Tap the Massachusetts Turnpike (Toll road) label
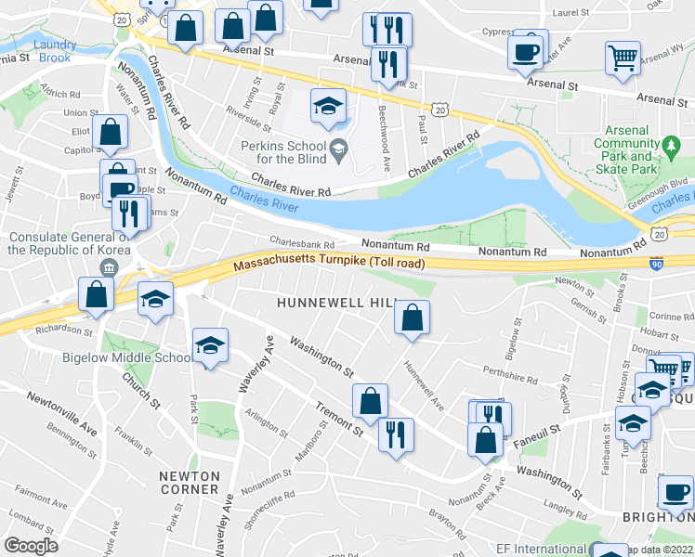[x=330, y=266]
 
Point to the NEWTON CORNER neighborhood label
[x=190, y=483]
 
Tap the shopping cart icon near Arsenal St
[x=622, y=58]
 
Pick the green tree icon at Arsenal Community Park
[x=672, y=145]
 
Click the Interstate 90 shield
[x=657, y=264]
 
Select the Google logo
[x=31, y=546]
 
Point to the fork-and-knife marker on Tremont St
[x=396, y=434]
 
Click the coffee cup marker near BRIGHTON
[x=675, y=492]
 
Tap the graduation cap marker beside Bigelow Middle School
[x=210, y=346]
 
